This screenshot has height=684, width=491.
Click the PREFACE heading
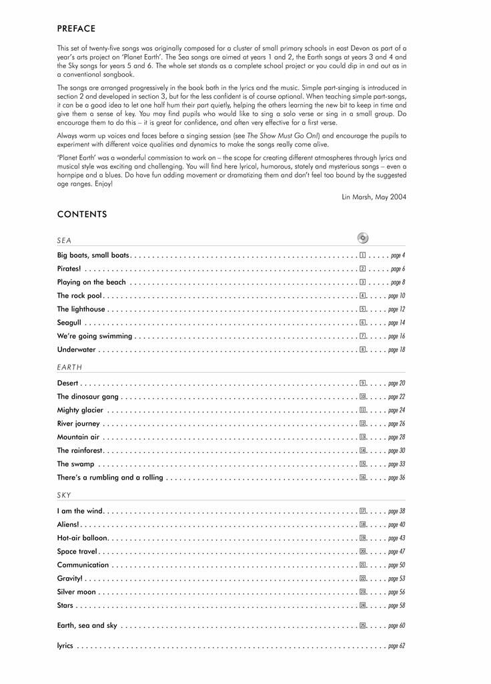[76, 29]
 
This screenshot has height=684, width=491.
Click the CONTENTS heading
[82, 214]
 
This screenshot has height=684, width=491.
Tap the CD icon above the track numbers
[363, 238]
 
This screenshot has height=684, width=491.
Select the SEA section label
[64, 240]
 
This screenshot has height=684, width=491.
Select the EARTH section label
[69, 367]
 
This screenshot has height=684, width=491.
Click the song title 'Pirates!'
[69, 269]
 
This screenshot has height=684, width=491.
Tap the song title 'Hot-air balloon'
[82, 538]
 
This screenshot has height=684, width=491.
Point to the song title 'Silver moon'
[77, 592]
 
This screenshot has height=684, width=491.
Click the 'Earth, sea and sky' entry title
[87, 625]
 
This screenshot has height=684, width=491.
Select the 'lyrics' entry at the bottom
[65, 646]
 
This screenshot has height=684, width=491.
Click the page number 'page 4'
[398, 255]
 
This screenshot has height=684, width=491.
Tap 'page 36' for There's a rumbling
[396, 478]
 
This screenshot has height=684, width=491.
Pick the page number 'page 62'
[396, 646]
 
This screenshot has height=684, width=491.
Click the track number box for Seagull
[362, 323]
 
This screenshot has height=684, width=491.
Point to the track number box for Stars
[363, 605]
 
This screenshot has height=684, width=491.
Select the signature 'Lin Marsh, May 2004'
[374, 196]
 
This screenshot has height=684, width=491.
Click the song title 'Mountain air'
[78, 437]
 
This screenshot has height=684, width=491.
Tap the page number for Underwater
[396, 349]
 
